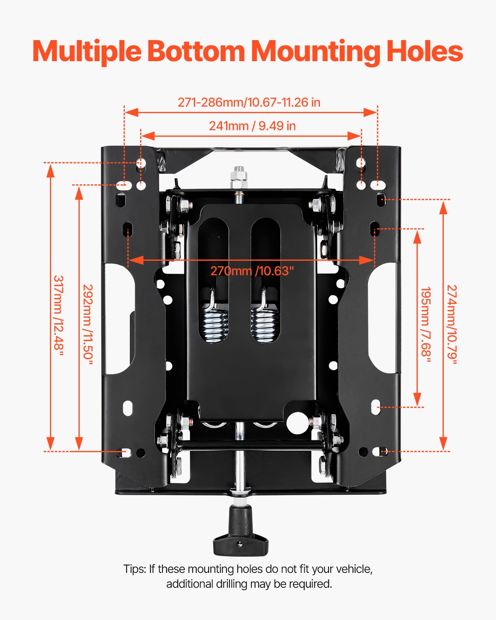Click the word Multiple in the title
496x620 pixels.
[x=87, y=52]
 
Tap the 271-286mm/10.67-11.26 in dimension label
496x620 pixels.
[x=249, y=103]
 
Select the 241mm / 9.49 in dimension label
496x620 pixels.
[x=252, y=126]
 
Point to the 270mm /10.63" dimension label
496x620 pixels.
[x=252, y=271]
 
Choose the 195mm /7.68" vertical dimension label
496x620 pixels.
[x=426, y=324]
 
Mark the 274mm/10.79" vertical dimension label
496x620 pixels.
[x=452, y=324]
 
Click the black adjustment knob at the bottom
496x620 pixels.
[x=241, y=533]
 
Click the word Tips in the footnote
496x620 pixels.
[x=134, y=569]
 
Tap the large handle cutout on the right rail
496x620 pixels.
[x=382, y=318]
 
